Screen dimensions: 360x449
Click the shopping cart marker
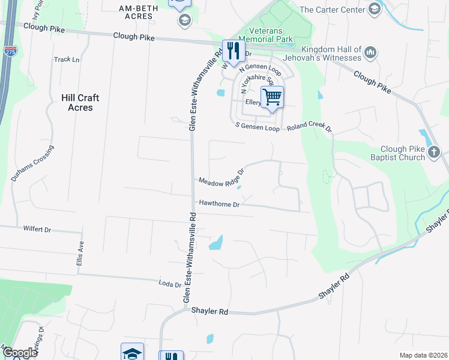click(273, 97)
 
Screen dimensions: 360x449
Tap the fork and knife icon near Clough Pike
click(232, 50)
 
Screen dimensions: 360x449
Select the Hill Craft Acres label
click(80, 103)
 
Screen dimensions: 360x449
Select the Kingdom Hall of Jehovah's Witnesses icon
click(371, 53)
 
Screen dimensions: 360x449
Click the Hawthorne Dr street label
click(220, 205)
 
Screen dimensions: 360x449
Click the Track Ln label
click(67, 59)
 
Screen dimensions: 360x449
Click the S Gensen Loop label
click(258, 128)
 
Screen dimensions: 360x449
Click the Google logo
click(20, 352)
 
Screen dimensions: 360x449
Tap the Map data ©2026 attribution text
click(423, 355)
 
